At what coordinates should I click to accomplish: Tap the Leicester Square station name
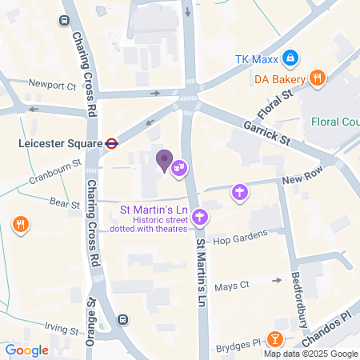(x=59, y=144)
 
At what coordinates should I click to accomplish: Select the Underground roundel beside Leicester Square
(x=112, y=144)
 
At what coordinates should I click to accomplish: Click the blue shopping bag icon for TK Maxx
(x=290, y=58)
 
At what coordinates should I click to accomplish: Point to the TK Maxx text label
(x=254, y=58)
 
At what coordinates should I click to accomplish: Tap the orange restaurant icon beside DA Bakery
(x=318, y=78)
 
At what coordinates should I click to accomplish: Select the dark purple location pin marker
(x=164, y=161)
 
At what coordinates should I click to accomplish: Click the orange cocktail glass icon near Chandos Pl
(x=275, y=339)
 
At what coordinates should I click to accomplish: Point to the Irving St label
(x=62, y=330)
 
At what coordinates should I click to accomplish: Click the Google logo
(x=26, y=350)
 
